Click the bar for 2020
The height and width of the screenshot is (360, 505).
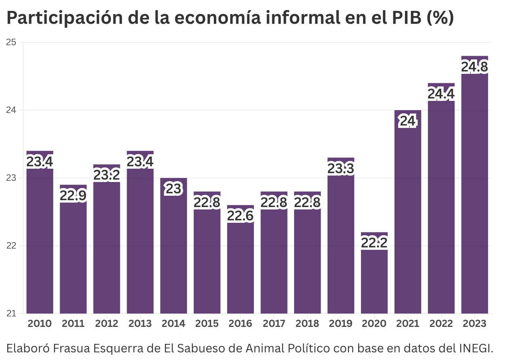374,278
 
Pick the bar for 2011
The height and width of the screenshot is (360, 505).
73,254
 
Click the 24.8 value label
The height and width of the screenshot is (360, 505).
474,67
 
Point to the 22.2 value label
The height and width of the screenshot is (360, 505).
374,243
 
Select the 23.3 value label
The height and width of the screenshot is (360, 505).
340,169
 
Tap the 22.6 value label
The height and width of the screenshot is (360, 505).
240,216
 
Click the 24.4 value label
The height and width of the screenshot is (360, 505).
441,94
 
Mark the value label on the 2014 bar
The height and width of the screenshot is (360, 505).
173,189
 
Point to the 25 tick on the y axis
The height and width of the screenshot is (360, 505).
11,42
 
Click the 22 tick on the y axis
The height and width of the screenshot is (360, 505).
11,246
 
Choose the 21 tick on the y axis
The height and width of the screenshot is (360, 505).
11,314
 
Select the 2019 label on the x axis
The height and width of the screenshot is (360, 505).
340,324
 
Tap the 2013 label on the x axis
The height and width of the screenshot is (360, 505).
140,324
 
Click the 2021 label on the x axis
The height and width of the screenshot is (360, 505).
407,324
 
